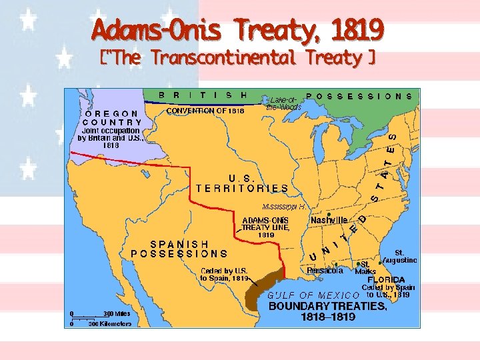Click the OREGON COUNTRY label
click(x=113, y=118)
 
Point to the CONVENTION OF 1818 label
click(x=205, y=111)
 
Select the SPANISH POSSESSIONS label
click(x=179, y=249)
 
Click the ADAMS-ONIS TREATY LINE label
click(x=265, y=227)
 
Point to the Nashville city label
click(x=329, y=220)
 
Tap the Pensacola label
click(x=325, y=271)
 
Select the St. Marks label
click(x=365, y=268)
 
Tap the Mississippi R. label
click(x=284, y=206)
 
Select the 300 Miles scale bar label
click(x=117, y=313)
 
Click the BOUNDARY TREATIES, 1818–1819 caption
click(x=326, y=312)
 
